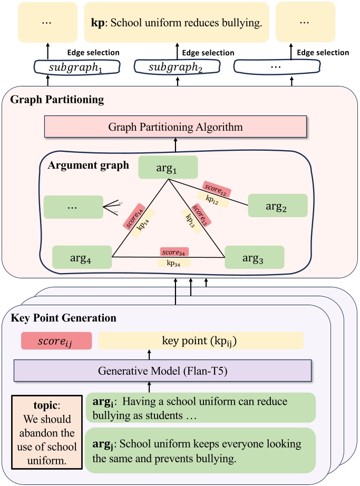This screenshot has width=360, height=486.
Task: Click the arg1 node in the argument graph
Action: tap(168, 167)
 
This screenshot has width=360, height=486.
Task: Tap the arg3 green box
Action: tap(255, 258)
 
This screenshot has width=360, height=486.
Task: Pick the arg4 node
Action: tap(82, 258)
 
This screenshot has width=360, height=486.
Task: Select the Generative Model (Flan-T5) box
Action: tap(162, 370)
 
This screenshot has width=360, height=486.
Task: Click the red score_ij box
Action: tap(56, 341)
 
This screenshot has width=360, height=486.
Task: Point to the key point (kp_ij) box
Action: tap(201, 341)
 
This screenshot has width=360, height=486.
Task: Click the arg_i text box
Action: tap(200, 408)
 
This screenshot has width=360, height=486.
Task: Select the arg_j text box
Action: tap(200, 451)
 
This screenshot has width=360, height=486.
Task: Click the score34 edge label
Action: tap(176, 252)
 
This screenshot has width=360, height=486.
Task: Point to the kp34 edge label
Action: tap(174, 262)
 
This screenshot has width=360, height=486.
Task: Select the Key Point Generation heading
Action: tap(63, 318)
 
